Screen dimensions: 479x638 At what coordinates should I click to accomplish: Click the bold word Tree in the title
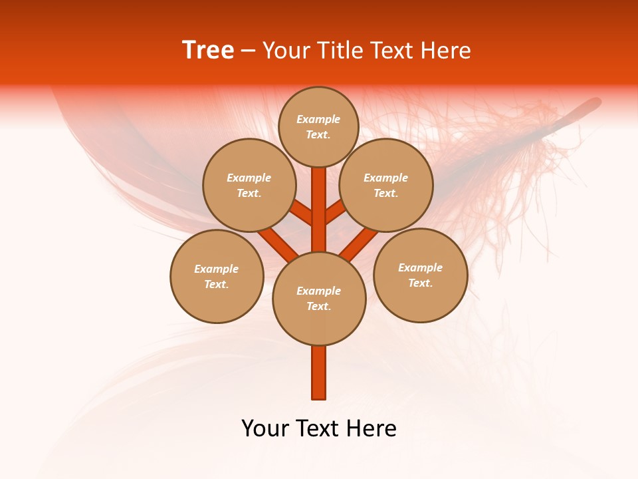click(208, 51)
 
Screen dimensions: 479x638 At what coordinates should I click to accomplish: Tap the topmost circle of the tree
click(318, 126)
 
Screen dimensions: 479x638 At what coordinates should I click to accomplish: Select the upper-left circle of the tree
click(249, 185)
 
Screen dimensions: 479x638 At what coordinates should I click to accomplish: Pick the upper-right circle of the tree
click(386, 185)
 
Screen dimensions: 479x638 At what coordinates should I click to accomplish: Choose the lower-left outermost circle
click(217, 276)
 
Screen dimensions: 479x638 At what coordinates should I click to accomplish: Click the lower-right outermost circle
click(421, 275)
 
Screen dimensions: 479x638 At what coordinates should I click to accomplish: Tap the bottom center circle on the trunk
click(319, 299)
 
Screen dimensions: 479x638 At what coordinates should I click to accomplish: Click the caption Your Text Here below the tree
click(319, 428)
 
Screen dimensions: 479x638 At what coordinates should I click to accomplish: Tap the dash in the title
click(248, 51)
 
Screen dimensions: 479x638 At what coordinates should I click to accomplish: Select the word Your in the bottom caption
click(265, 428)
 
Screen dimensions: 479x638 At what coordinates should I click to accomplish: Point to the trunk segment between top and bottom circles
click(319, 210)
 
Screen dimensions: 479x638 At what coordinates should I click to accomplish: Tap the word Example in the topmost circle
click(318, 119)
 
